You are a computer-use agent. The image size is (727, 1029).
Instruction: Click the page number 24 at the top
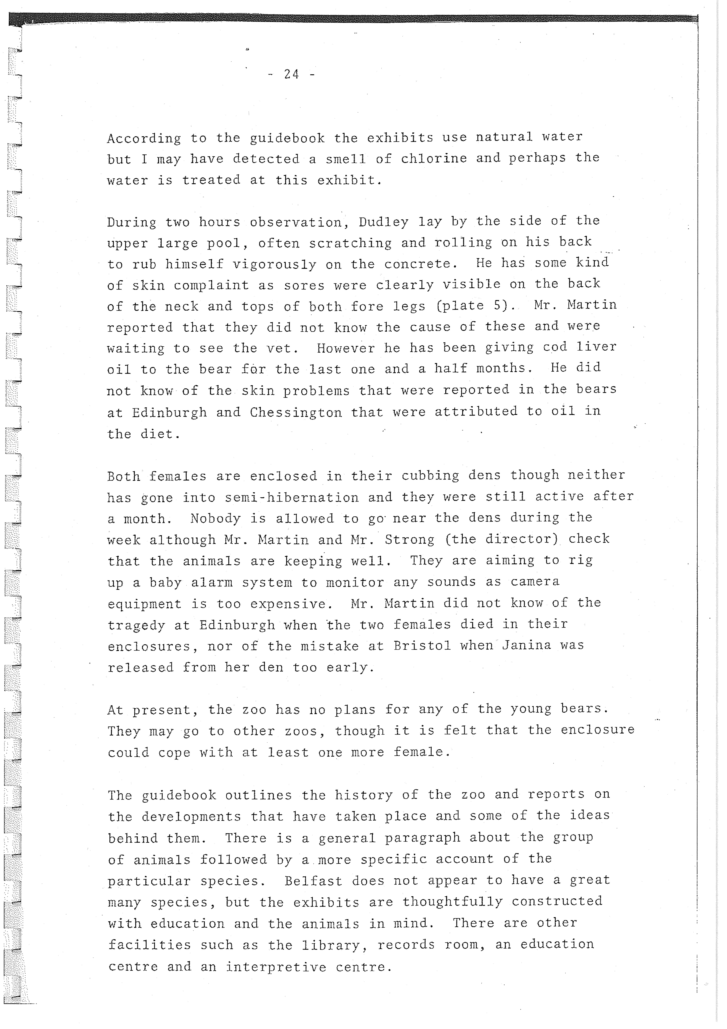pyautogui.click(x=292, y=74)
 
